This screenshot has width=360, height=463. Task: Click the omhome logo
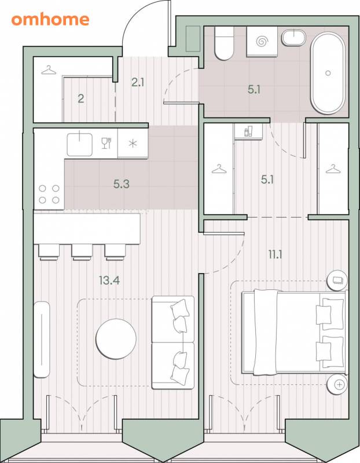pos(50,20)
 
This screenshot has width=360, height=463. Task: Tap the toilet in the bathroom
pos(224,43)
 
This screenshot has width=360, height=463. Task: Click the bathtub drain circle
pos(328,73)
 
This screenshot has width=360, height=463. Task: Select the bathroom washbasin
pos(293,38)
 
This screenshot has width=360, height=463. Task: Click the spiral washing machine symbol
pos(262,41)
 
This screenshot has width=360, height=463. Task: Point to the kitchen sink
pos(80,144)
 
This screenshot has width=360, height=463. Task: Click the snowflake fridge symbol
pos(133,144)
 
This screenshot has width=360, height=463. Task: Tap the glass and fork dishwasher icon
pos(106,143)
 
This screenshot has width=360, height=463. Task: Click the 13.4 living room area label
pos(109,280)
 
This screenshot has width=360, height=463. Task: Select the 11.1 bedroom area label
pos(275,254)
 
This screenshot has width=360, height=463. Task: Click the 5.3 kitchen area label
pos(122,184)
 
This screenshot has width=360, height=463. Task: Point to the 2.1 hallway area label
pos(138,82)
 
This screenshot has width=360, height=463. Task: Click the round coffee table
pos(116,339)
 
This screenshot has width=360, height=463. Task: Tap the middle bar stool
pos(82,252)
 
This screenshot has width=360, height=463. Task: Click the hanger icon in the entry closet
pos(49,70)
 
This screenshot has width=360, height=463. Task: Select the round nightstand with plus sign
pos(337,384)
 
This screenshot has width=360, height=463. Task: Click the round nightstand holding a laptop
pos(337,280)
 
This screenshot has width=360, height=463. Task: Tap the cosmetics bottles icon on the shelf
pos(249,131)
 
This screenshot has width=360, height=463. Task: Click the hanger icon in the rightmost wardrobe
pos(333,169)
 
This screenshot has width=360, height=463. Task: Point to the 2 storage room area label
pos(80,98)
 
